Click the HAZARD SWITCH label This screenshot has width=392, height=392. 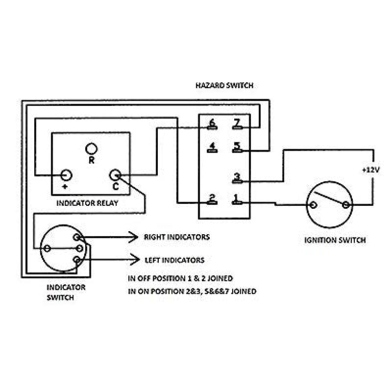coord(225,86)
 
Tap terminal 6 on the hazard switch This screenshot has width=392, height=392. coord(212,125)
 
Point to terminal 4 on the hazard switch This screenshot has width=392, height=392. coord(212,148)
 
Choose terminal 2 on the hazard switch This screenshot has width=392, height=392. coord(212,200)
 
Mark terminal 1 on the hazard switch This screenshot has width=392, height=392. coord(237,200)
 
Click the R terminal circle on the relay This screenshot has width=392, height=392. coord(91,147)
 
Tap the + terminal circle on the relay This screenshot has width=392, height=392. coord(66,174)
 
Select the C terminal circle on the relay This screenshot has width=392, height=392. coord(115,174)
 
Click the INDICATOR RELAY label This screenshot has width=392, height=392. coord(87,203)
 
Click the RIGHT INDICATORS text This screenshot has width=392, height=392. coord(176,237)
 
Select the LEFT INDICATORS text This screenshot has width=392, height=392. coord(174,260)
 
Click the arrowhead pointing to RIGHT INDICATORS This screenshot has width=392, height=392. coord(134,237)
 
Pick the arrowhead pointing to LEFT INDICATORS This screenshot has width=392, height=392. coord(134,258)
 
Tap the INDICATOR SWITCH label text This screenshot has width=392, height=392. coord(66,292)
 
